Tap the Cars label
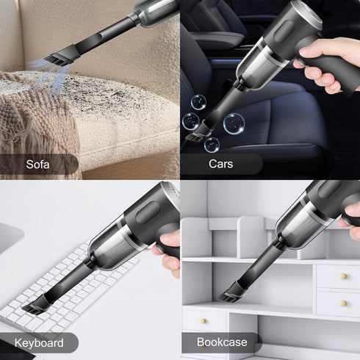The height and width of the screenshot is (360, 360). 220,165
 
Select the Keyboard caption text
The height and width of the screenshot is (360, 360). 38,343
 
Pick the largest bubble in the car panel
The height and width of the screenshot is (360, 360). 234,122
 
